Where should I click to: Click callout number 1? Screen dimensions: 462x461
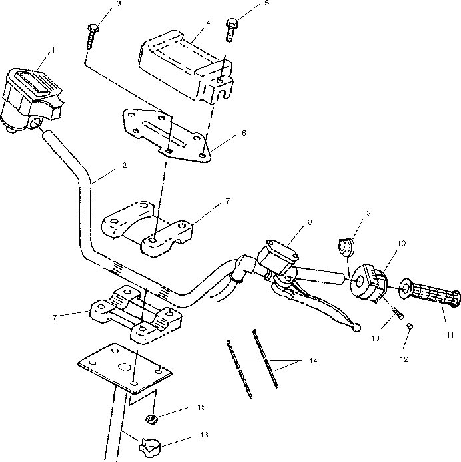(x=53, y=50)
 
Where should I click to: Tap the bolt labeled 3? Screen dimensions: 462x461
(x=92, y=33)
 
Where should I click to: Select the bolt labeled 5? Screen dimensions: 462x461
(x=232, y=25)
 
